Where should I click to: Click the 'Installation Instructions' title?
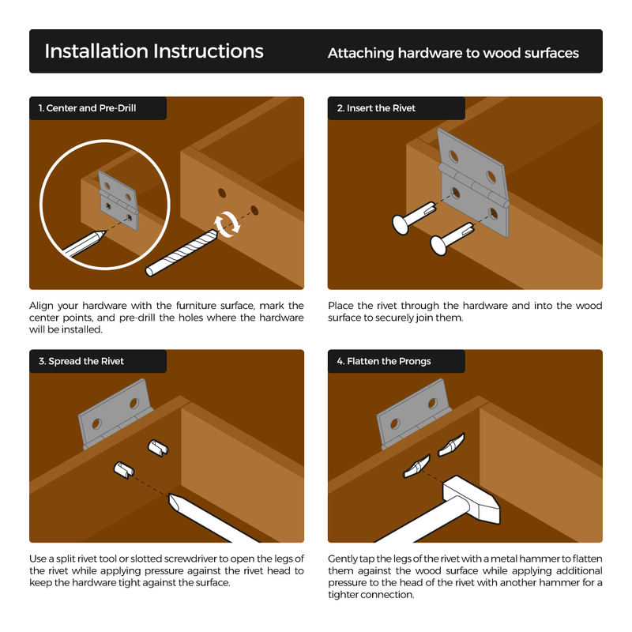[153, 51]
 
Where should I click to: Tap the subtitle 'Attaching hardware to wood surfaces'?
[453, 53]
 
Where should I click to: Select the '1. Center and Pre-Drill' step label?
[87, 108]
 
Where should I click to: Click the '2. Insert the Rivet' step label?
[376, 108]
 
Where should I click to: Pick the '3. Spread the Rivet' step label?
[81, 361]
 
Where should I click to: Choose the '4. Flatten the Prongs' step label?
[384, 361]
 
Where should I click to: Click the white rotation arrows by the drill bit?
[228, 224]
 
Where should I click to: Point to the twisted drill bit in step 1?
[182, 253]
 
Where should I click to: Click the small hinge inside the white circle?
[118, 201]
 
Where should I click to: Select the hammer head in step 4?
[472, 499]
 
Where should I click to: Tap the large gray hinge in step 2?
[473, 182]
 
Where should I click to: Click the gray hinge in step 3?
[115, 413]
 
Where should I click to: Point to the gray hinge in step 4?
[413, 413]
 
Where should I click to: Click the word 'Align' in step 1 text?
[41, 306]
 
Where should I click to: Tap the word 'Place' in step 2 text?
[340, 306]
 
